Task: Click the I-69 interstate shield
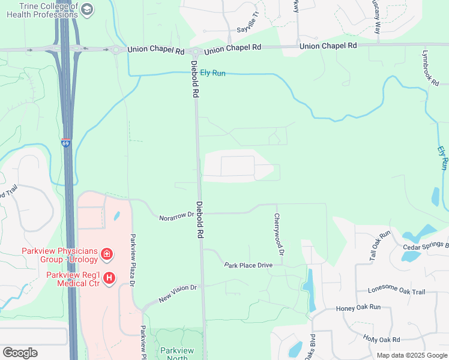65,143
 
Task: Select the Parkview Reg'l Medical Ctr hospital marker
109,278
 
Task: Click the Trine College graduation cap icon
88,9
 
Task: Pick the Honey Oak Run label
358,307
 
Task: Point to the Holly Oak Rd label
382,339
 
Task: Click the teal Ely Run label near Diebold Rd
212,73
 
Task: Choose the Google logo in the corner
20,353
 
